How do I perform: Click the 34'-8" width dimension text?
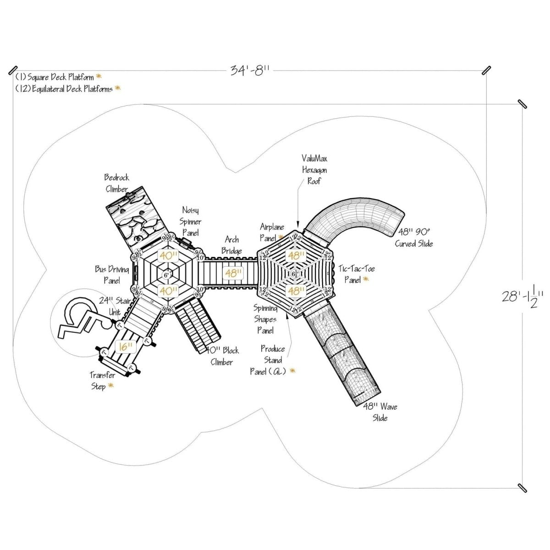[x=249, y=71]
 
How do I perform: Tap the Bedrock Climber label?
[x=117, y=183]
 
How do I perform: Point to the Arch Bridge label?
[x=232, y=245]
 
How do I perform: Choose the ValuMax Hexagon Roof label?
[x=314, y=170]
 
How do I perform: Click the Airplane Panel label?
[x=272, y=232]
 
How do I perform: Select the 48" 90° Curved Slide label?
[x=413, y=237]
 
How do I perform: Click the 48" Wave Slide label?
[x=380, y=412]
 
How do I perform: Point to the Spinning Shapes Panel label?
[x=265, y=319]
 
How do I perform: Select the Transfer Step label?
[x=101, y=381]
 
